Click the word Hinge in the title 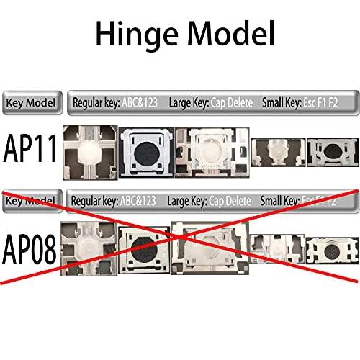137,34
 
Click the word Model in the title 231,33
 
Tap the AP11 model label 30,148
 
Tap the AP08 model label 30,249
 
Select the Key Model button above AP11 32,103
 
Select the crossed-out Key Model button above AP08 32,201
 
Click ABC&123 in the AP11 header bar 140,103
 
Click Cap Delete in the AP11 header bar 232,103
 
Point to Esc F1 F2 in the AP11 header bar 320,103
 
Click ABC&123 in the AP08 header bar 138,201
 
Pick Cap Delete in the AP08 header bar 230,201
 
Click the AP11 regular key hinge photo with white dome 90,153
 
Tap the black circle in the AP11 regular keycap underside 146,153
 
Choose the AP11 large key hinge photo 212,153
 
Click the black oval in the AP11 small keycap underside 332,151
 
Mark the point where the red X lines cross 179,237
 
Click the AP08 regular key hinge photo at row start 89,248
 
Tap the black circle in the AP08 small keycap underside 332,251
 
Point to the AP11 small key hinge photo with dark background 278,153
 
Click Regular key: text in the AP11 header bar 96,103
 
